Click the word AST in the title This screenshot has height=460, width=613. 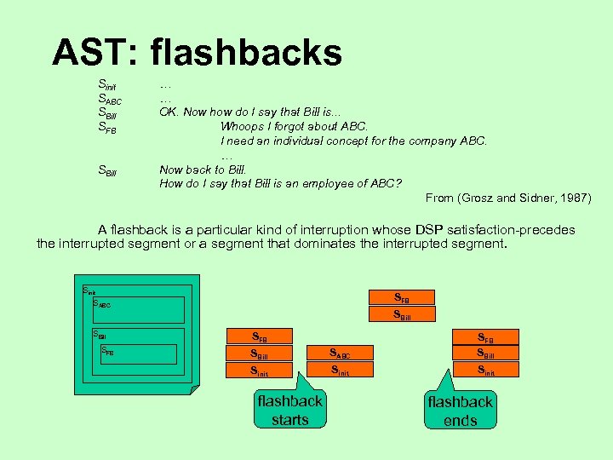tap(93, 53)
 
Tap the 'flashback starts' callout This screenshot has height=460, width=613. tap(289, 410)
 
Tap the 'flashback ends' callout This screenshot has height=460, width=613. tap(460, 410)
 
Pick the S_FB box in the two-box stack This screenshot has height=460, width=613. tap(402, 297)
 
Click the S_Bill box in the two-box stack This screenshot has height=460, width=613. tap(402, 313)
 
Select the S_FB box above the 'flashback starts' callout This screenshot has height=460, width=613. tap(259, 336)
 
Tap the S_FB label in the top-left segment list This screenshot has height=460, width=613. tap(107, 129)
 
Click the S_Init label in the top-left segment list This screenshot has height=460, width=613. tap(107, 85)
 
